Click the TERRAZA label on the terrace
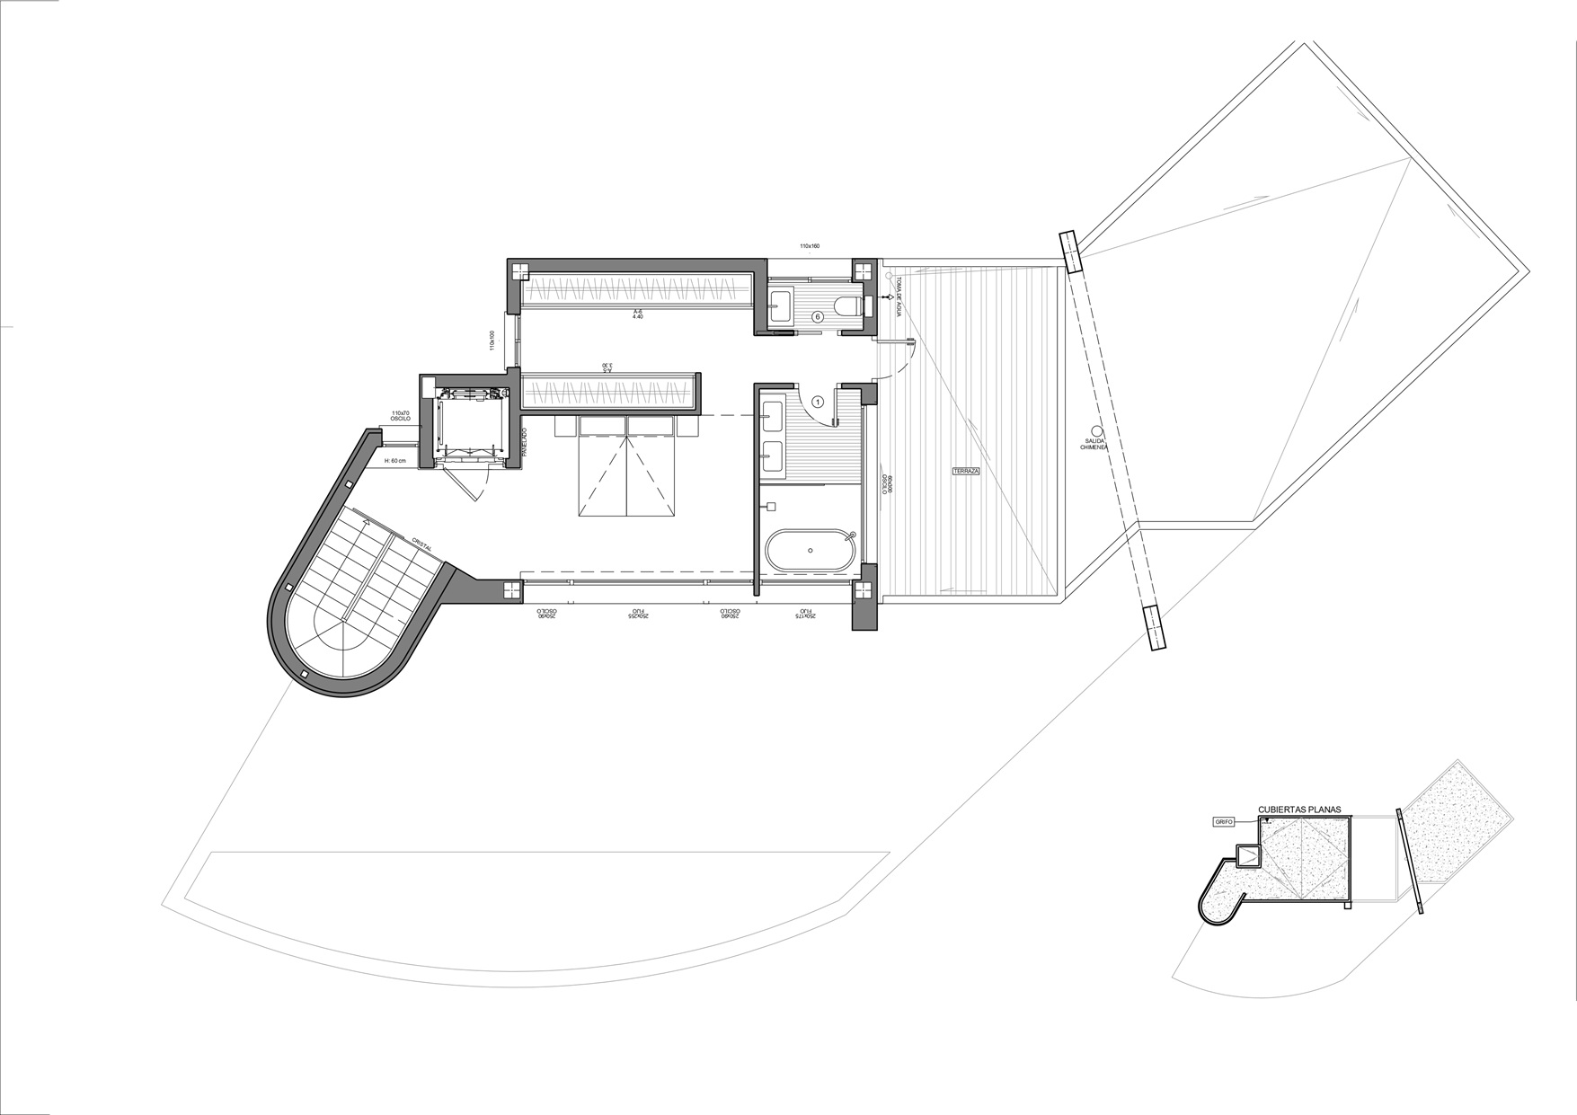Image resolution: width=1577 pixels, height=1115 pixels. click(x=967, y=471)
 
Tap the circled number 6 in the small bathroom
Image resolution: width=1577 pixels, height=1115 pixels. click(x=818, y=316)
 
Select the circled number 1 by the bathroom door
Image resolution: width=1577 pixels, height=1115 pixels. click(x=818, y=403)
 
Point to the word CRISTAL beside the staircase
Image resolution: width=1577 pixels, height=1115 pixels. click(x=422, y=545)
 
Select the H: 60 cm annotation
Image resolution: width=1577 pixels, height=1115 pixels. click(x=395, y=460)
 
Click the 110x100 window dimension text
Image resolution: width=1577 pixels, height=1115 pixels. click(x=492, y=341)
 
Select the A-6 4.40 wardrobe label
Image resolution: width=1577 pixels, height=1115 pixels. click(x=637, y=314)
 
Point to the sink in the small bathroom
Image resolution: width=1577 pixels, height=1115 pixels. click(x=778, y=302)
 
